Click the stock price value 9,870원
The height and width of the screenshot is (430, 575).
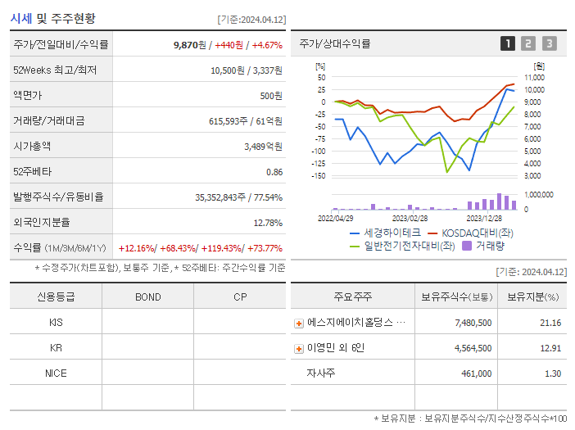point(190,44)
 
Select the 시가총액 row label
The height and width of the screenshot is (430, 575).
point(32,147)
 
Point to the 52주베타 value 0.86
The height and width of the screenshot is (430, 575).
point(274,172)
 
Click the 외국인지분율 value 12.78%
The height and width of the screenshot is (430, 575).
point(268,223)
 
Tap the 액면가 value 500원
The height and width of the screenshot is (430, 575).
point(271,96)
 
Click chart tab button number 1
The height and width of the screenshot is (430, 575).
point(508,44)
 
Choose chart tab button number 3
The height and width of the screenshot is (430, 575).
point(549,44)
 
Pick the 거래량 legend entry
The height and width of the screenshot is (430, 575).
point(488,245)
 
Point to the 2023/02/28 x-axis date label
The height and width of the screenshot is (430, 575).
point(410,218)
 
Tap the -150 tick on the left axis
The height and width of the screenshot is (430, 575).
point(320,175)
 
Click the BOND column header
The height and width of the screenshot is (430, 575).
point(148,296)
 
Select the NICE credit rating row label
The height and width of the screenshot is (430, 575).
point(57,373)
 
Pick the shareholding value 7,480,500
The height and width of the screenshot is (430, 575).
point(473,323)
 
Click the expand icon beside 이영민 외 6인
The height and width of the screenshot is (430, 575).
point(299,349)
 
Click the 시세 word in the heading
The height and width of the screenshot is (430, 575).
point(22,18)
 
